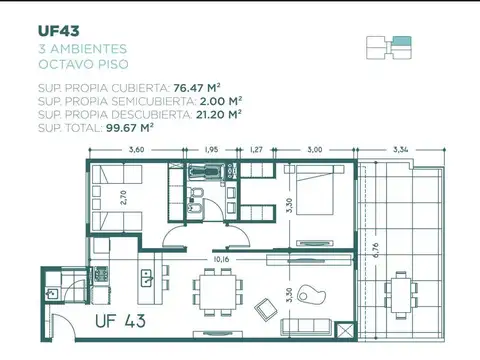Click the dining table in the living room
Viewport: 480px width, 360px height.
point(219,293)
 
